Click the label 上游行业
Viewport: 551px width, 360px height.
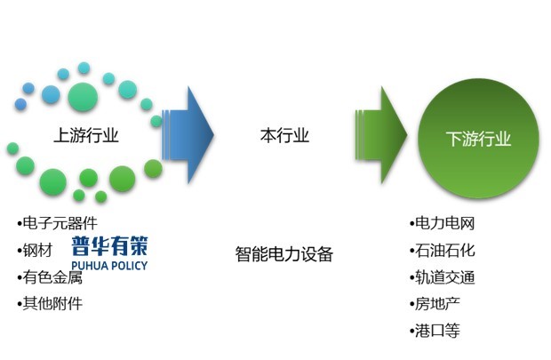point(86,136)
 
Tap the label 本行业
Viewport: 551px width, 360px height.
point(284,136)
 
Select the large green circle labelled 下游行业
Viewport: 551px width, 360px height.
point(478,138)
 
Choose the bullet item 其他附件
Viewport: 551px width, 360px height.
point(50,303)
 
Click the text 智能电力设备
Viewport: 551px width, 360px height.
point(284,254)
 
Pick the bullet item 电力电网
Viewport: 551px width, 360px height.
point(443,223)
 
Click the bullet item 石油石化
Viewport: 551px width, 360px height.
point(443,250)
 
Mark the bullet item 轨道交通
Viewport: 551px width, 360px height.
point(443,276)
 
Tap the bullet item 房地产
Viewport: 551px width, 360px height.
point(435,304)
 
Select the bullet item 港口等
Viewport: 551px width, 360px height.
point(435,331)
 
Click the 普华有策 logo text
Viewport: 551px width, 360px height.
point(110,246)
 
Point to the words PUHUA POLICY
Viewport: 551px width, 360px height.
point(110,264)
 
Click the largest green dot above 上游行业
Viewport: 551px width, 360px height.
point(84,94)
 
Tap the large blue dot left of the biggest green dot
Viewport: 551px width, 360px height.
point(51,93)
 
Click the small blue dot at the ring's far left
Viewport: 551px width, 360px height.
point(21,103)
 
